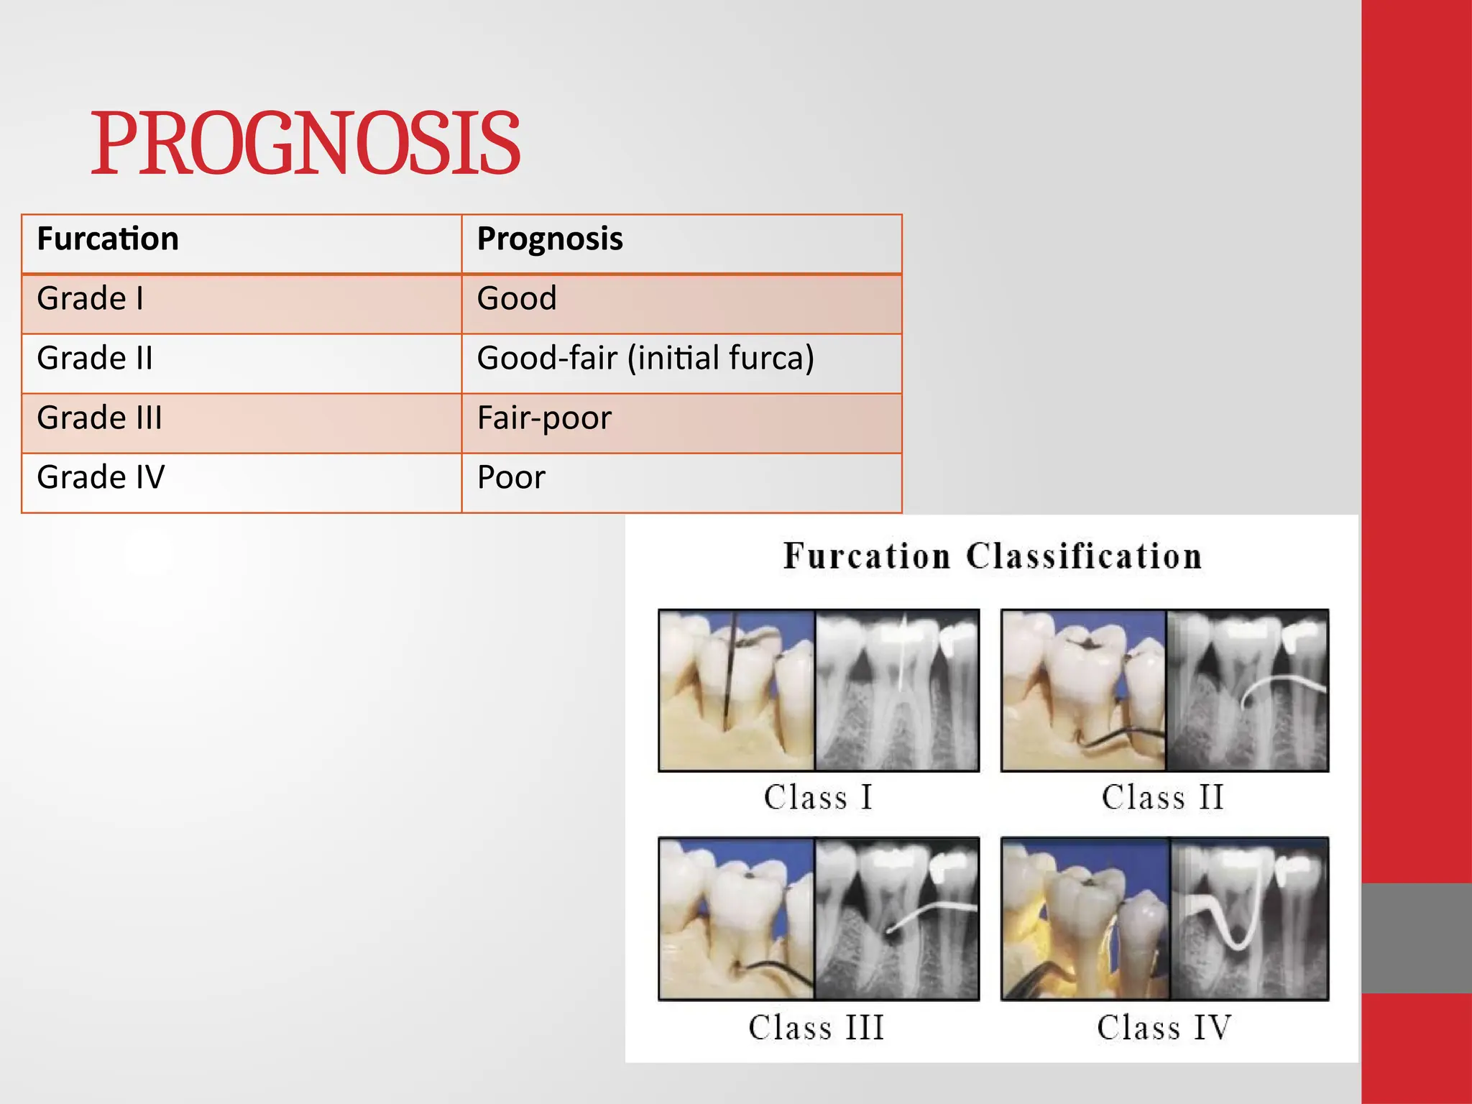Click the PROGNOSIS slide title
pos(305,144)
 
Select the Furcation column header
pos(108,239)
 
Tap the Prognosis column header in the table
pos(550,239)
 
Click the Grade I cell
pos(91,298)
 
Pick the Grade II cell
pos(95,358)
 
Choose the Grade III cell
pos(100,418)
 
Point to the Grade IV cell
pos(101,477)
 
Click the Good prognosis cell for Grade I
pos(517,298)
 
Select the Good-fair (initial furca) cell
pos(645,358)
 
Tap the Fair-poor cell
pos(544,418)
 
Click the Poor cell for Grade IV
pos(511,477)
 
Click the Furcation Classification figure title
pos(992,556)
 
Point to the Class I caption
pos(818,797)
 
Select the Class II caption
pos(1162,797)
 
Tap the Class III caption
pos(816,1027)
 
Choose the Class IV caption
pos(1164,1027)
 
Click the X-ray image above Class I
pos(897,690)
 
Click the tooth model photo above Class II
pos(1083,690)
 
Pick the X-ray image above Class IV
pos(1249,919)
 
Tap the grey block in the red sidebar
pos(1416,938)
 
